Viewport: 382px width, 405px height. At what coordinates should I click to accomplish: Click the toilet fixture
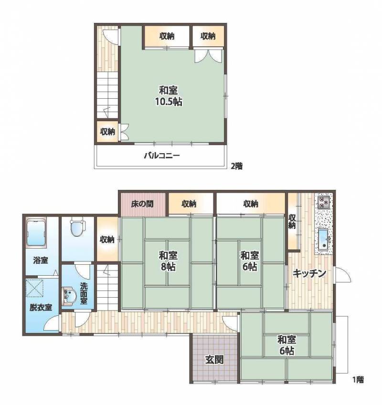tap(77, 228)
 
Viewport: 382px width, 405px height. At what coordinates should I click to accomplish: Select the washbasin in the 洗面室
tap(69, 297)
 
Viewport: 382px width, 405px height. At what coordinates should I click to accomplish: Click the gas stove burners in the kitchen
tap(324, 202)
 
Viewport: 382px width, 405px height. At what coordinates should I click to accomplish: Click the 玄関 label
tap(214, 359)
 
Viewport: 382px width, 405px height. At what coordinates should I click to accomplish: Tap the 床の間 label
tap(142, 204)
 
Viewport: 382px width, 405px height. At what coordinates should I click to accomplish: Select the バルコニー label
tap(162, 156)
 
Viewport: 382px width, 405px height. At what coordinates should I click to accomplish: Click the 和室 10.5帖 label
tap(169, 96)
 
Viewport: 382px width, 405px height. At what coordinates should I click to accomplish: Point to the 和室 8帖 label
tap(168, 260)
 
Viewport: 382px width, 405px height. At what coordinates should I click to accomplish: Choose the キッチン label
tap(309, 273)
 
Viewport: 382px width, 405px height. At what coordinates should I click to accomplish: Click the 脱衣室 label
tap(41, 307)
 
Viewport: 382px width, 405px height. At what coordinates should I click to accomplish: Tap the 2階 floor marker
tap(236, 166)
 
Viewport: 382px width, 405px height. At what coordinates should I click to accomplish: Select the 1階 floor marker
tap(358, 380)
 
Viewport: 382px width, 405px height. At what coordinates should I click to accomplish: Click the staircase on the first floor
tap(108, 286)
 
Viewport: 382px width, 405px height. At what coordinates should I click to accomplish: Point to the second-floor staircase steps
tap(108, 95)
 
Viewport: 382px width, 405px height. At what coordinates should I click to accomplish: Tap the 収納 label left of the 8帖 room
tap(107, 239)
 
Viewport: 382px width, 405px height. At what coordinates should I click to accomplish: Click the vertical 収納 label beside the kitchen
tap(292, 221)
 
